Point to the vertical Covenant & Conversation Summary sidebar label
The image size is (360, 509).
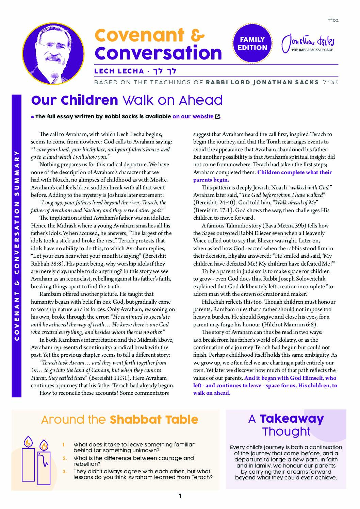click(x=16, y=245)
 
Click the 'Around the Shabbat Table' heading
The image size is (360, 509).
click(x=119, y=420)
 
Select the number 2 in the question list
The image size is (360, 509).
click(x=65, y=458)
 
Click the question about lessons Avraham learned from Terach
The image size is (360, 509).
click(x=143, y=474)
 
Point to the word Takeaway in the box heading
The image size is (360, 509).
click(x=292, y=419)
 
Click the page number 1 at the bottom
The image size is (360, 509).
click(x=180, y=496)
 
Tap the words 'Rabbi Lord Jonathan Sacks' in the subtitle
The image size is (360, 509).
click(x=262, y=82)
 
